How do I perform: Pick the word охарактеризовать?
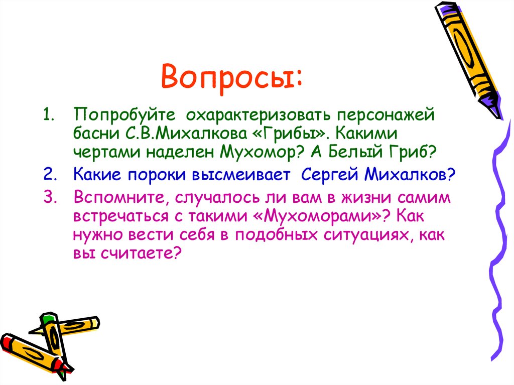[x=256, y=114]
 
